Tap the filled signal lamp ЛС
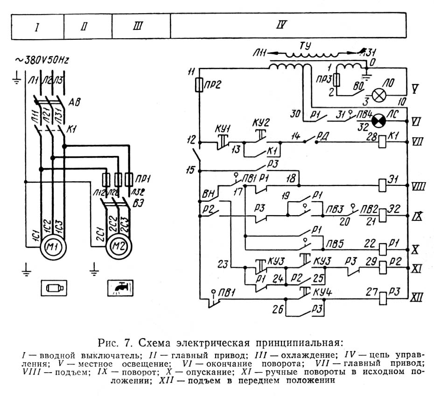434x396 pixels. pyautogui.click(x=378, y=119)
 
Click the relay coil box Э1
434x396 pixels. pyautogui.click(x=382, y=184)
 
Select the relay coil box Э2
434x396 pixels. pyautogui.click(x=382, y=215)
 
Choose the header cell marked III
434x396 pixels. pyautogui.click(x=138, y=26)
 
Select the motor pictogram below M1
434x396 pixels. pyautogui.click(x=54, y=288)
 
